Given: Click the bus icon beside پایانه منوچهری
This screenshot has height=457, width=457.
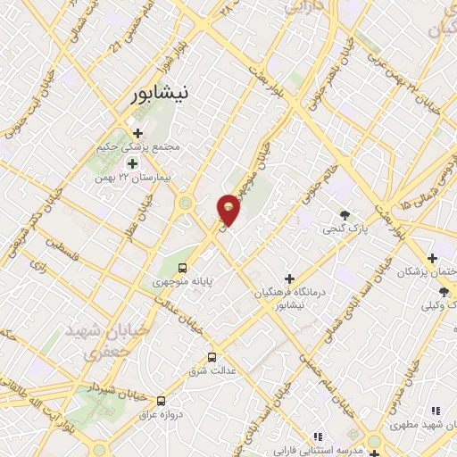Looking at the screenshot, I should pyautogui.click(x=183, y=268).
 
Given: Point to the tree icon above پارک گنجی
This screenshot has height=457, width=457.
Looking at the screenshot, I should pyautogui.click(x=345, y=214).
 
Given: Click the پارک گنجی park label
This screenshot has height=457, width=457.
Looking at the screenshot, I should pyautogui.click(x=345, y=229).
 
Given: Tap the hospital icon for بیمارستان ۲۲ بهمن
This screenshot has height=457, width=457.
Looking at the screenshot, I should pyautogui.click(x=133, y=163).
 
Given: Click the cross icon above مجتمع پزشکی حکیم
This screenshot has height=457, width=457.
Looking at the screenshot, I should pyautogui.click(x=137, y=133).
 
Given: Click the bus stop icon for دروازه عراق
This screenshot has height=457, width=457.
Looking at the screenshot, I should pyautogui.click(x=161, y=401).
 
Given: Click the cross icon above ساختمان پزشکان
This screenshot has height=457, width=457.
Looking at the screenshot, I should pyautogui.click(x=432, y=257).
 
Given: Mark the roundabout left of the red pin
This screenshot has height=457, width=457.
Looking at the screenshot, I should pyautogui.click(x=187, y=204).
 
